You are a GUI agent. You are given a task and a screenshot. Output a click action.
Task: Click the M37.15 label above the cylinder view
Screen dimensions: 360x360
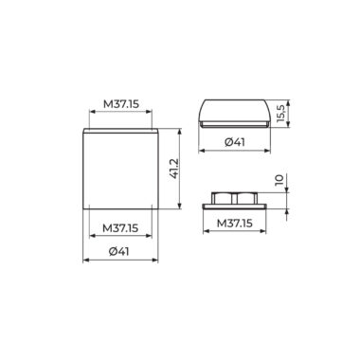[x=121, y=103]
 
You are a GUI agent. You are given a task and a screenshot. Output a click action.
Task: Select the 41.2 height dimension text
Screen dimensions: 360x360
[x=174, y=169]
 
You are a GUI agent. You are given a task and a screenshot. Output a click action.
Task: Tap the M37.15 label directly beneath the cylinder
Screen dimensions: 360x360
[x=120, y=228]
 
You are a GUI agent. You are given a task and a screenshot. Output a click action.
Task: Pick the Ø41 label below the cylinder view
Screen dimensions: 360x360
[x=119, y=252]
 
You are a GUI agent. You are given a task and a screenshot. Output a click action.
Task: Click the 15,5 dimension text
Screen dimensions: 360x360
[x=280, y=113]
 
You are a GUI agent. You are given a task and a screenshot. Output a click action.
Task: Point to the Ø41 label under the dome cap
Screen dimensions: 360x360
[x=235, y=142]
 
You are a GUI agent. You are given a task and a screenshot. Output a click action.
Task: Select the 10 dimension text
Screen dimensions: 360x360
[x=279, y=180]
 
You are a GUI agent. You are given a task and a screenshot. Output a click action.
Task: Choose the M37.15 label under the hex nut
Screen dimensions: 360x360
[x=235, y=224]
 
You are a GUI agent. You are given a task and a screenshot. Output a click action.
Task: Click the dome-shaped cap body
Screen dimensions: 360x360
[x=235, y=111]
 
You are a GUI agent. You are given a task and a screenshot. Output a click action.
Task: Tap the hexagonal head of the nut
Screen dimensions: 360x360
[x=235, y=198]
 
